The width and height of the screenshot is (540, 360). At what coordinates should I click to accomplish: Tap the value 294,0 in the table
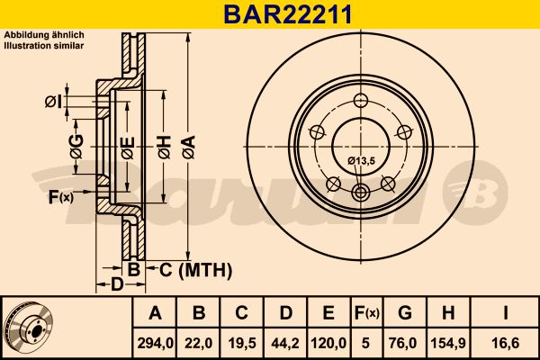pyautogui.click(x=155, y=341)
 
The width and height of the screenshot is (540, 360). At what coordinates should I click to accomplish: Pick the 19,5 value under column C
pyautogui.click(x=242, y=341)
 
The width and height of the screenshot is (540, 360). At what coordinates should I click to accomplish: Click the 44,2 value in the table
pyautogui.click(x=285, y=341)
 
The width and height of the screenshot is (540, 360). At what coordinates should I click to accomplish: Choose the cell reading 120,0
pyautogui.click(x=328, y=341)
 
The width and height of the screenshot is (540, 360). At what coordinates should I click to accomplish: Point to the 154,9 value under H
pyautogui.click(x=447, y=341)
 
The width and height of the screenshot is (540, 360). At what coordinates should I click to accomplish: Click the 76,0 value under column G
pyautogui.click(x=405, y=341)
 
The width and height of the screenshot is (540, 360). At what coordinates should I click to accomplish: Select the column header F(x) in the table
pyautogui.click(x=366, y=313)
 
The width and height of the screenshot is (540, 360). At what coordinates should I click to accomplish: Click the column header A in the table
pyautogui.click(x=155, y=313)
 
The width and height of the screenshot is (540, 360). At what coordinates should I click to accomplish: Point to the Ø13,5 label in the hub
pyautogui.click(x=361, y=160)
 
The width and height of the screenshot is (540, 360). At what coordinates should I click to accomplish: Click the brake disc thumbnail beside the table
pyautogui.click(x=29, y=327)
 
